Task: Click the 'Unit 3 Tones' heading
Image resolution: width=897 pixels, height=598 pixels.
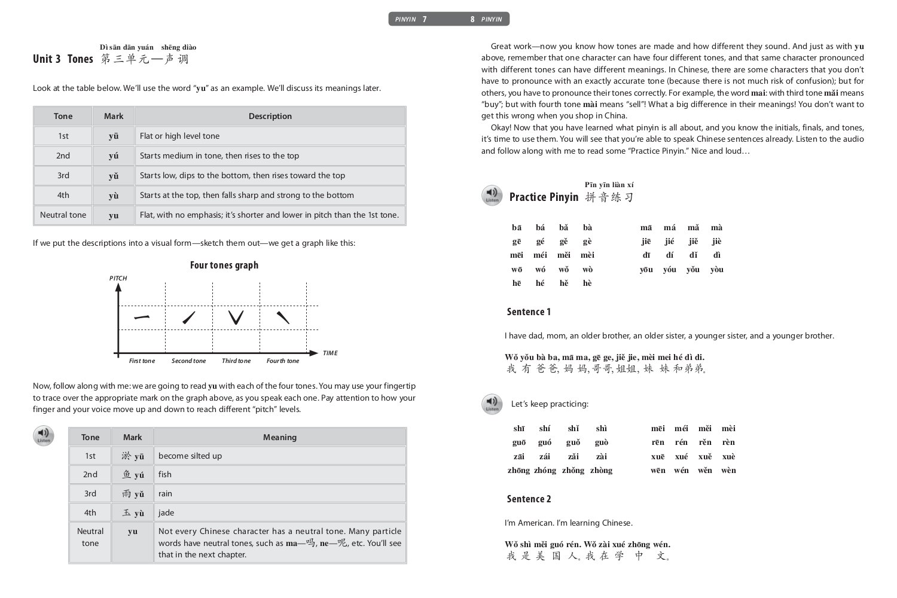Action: pyautogui.click(x=63, y=59)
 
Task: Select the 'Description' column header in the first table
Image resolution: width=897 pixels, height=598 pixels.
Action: pyautogui.click(x=270, y=116)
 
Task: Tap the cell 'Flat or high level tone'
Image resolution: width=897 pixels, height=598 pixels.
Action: pyautogui.click(x=179, y=136)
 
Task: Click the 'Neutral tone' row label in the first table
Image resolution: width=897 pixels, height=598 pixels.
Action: pyautogui.click(x=63, y=215)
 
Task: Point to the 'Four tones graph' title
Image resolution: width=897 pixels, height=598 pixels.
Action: pyautogui.click(x=224, y=265)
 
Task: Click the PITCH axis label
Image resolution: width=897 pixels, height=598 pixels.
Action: pyautogui.click(x=118, y=278)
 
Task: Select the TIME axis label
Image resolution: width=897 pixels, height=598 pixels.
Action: pyautogui.click(x=330, y=353)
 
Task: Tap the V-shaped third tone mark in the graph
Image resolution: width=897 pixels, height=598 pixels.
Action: pyautogui.click(x=236, y=317)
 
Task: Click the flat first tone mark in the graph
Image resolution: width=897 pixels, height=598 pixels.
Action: pyautogui.click(x=142, y=317)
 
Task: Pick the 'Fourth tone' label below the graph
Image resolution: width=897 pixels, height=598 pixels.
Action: pyautogui.click(x=283, y=361)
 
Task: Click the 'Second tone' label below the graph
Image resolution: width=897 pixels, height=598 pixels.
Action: pyautogui.click(x=188, y=361)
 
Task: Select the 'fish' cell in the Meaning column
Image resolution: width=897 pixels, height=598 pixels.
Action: pyautogui.click(x=165, y=474)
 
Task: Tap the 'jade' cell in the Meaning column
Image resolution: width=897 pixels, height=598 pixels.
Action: pyautogui.click(x=166, y=512)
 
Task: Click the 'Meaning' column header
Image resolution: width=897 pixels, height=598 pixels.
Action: pyautogui.click(x=280, y=437)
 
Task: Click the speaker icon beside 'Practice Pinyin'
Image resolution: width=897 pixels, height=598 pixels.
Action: pyautogui.click(x=492, y=196)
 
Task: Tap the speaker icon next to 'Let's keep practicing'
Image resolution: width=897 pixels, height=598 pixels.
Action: pyautogui.click(x=492, y=404)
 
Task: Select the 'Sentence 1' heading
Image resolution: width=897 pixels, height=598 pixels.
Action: pyautogui.click(x=529, y=312)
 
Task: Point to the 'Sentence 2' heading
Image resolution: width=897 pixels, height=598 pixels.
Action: pyautogui.click(x=529, y=499)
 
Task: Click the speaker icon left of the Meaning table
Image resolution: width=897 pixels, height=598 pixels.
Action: pyautogui.click(x=44, y=436)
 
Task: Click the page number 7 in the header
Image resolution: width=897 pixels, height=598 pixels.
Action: pyautogui.click(x=425, y=19)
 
